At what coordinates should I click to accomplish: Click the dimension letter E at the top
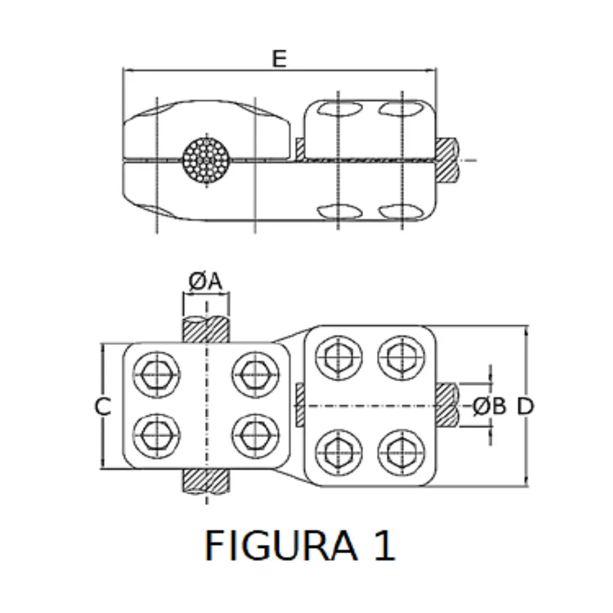tap(279, 58)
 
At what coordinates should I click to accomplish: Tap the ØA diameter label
tap(205, 282)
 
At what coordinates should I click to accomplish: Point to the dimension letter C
tap(103, 406)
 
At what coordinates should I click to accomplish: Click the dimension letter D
tap(526, 406)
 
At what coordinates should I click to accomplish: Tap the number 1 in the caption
tap(384, 546)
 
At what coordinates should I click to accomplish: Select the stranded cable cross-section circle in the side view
tap(206, 159)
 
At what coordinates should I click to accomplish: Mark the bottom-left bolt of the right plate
tap(339, 452)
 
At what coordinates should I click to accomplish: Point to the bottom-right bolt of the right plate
tap(401, 452)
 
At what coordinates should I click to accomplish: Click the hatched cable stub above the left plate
tap(206, 330)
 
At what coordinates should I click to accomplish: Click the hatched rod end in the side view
tap(447, 160)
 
